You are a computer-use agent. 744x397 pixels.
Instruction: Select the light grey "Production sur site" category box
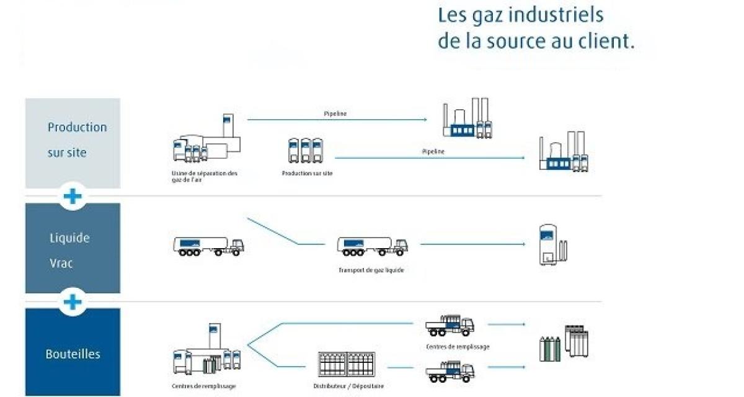coord(73,143)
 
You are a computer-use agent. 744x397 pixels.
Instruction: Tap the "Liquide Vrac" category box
coord(73,248)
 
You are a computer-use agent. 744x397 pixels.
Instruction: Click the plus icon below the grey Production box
coord(73,197)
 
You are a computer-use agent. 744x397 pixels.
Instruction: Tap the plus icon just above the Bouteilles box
coord(73,302)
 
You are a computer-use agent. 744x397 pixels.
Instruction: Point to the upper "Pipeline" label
coord(335,114)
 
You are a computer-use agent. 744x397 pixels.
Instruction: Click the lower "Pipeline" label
coord(433,151)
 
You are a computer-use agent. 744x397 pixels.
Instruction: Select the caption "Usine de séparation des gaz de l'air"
coord(205,176)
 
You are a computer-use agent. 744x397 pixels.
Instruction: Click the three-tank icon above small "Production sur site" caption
coord(306,151)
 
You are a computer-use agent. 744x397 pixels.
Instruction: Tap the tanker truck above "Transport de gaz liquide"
coord(372,246)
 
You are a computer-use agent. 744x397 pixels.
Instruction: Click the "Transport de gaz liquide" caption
coord(371,270)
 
